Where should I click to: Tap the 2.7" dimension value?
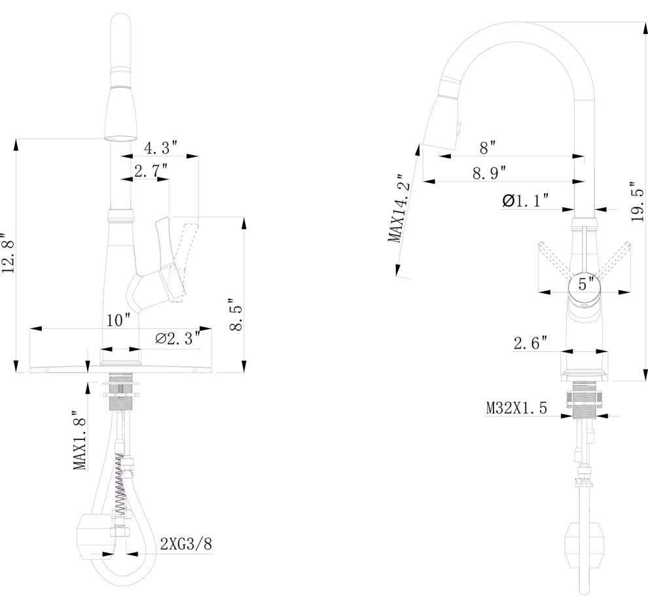click(151, 171)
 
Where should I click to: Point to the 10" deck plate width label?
click(118, 320)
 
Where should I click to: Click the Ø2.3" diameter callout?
click(178, 338)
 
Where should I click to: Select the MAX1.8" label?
click(79, 440)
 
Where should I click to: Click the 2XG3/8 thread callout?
click(186, 543)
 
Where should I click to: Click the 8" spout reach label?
click(488, 148)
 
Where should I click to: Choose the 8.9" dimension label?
click(490, 173)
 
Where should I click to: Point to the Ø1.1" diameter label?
click(526, 201)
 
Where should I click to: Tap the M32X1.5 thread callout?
click(516, 408)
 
